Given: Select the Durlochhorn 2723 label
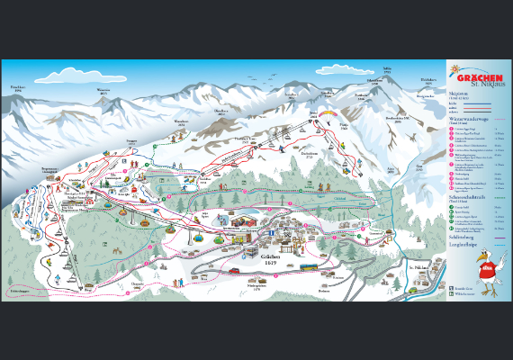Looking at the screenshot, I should point(310,153).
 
